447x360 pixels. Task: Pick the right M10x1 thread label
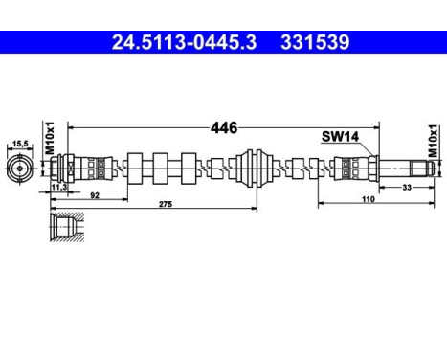pyautogui.click(x=432, y=141)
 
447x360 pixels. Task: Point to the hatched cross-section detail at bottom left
pyautogui.click(x=65, y=230)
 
